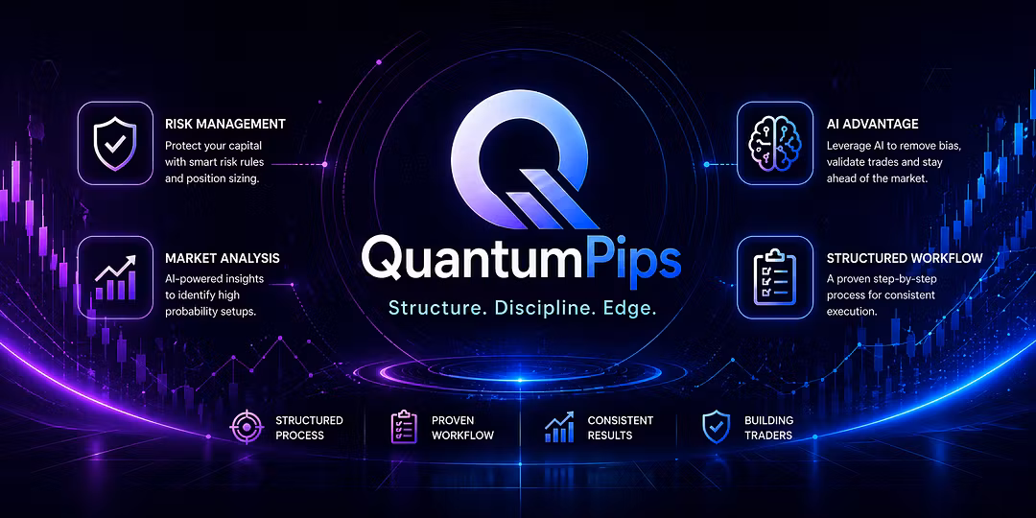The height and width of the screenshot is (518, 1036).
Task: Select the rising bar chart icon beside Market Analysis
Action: (x=115, y=277)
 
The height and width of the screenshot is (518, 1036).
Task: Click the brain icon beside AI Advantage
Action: (x=774, y=143)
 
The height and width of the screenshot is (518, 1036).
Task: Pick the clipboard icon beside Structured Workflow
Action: (x=774, y=277)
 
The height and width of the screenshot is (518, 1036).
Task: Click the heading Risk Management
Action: (x=225, y=124)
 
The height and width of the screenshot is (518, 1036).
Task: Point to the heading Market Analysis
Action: (x=222, y=258)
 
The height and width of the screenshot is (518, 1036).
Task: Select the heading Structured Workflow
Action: (x=905, y=258)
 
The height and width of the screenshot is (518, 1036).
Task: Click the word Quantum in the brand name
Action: (x=472, y=260)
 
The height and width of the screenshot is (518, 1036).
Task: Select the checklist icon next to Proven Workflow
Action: (x=403, y=427)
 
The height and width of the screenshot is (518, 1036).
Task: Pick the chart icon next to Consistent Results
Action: (x=559, y=428)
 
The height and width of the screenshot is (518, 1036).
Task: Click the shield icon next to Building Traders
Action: (x=716, y=427)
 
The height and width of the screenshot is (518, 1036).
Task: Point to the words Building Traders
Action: (x=768, y=428)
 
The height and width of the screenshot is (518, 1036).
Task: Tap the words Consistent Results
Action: (x=620, y=428)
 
